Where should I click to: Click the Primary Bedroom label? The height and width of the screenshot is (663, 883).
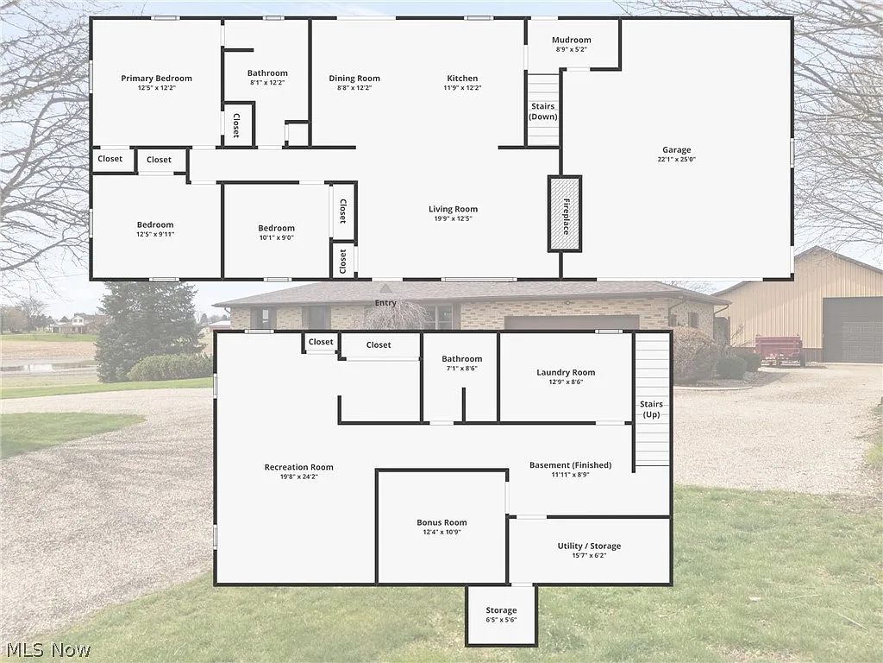click(x=156, y=79)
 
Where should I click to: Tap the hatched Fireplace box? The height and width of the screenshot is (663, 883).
click(x=566, y=213)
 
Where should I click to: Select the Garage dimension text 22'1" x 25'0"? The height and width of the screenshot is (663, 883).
click(x=677, y=160)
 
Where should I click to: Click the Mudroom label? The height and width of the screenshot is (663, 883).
click(x=573, y=40)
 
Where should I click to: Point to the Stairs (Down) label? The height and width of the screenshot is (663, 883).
click(x=543, y=111)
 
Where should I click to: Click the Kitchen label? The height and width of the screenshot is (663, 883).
click(x=462, y=79)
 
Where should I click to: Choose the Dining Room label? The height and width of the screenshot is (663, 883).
click(x=354, y=79)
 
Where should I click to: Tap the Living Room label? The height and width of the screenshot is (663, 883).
click(x=453, y=209)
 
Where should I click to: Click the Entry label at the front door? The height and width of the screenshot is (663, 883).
click(x=385, y=303)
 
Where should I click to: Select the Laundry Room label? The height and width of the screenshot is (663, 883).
click(x=566, y=373)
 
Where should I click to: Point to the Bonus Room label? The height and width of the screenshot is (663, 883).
click(x=441, y=522)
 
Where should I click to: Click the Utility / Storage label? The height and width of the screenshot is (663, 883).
click(x=589, y=546)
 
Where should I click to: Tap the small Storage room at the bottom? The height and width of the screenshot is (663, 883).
click(x=501, y=616)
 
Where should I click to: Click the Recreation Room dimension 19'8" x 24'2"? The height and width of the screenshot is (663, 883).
click(x=298, y=477)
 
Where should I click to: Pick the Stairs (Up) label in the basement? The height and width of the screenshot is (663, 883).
click(x=651, y=409)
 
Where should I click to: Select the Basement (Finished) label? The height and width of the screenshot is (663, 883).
click(x=570, y=465)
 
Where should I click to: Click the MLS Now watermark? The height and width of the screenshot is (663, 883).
click(x=47, y=649)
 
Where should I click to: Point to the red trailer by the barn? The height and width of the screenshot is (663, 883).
click(x=780, y=348)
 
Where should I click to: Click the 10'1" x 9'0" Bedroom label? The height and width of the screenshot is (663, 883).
click(x=276, y=229)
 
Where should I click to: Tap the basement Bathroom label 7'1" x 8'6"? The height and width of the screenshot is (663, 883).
click(x=461, y=359)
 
